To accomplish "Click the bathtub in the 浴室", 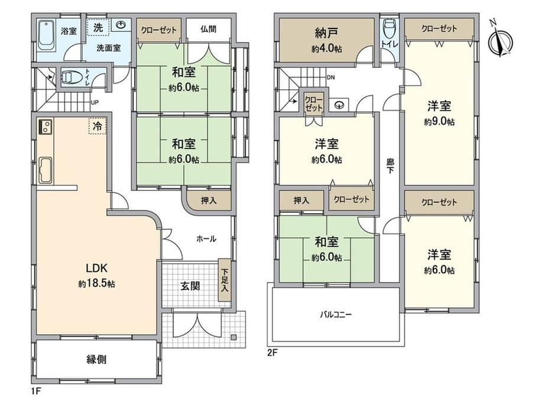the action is coord(46,35).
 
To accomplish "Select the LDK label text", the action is coord(97,268).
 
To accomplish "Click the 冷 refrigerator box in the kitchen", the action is coord(98,126).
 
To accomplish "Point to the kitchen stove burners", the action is coord(45,127).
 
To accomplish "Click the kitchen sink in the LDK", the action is coord(45,170).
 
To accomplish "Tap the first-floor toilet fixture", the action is coord(73,77).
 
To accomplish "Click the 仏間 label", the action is coord(209,29).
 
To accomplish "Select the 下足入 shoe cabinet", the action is coord(225,280).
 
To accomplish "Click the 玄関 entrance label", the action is coord(190,286).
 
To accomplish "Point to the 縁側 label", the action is coord(96,360).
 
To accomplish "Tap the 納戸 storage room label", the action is coord(326,33).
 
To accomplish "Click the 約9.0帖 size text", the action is coord(439,122).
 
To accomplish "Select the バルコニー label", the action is coord(335,315).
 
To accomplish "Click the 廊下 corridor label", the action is coord(390,166).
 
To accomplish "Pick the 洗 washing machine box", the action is coord(98,27).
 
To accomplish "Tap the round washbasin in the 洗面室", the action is coord(121,25).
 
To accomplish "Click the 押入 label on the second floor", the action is coord(301,200).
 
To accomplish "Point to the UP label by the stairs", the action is coord(95,103).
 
